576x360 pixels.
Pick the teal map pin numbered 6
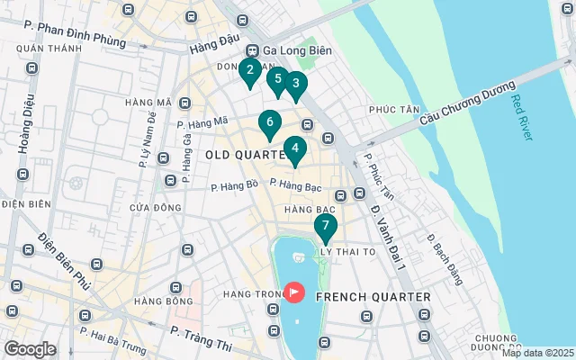click(x=268, y=122)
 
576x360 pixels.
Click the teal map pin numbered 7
click(x=325, y=226)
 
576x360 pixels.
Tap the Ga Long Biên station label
click(x=290, y=50)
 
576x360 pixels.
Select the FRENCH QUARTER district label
click(x=373, y=296)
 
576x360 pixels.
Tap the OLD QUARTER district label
click(x=245, y=155)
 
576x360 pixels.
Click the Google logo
click(x=30, y=349)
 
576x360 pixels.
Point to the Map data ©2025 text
click(x=536, y=353)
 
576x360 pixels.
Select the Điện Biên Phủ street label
click(x=64, y=261)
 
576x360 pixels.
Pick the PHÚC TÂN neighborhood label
click(x=395, y=110)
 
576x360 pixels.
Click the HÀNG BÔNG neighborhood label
click(x=163, y=301)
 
